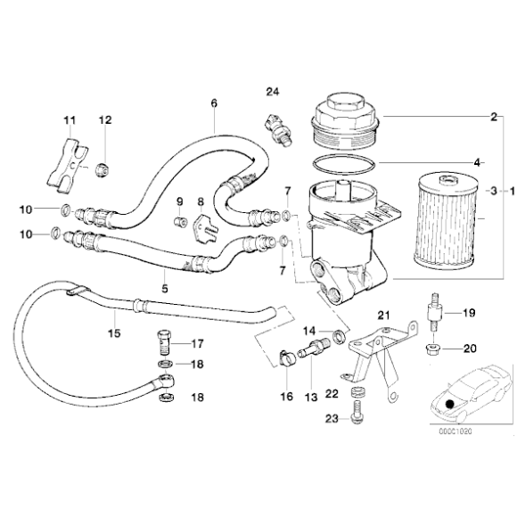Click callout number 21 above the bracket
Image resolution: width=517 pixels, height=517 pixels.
384,316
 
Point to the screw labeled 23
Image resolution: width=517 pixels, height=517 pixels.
357,411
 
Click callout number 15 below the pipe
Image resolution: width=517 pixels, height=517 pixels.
113,335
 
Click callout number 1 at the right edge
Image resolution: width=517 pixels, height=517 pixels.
510,191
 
